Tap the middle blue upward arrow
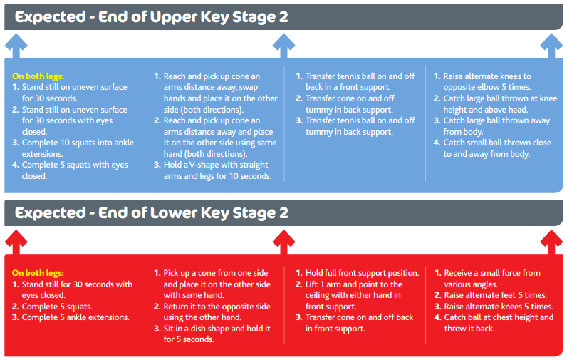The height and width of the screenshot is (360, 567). (283, 46)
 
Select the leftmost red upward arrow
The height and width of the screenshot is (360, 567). (16, 242)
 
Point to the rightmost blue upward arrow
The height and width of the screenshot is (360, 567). (551, 46)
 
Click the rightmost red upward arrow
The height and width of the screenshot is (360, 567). (551, 242)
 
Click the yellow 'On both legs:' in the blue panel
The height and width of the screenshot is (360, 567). (38, 76)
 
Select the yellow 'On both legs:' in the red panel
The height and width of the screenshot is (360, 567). (38, 273)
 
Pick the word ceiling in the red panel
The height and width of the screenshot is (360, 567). (317, 296)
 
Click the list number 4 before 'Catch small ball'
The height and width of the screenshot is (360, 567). (437, 143)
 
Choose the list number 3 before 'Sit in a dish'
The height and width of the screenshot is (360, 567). (157, 329)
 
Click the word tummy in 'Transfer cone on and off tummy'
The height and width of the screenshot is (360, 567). (317, 110)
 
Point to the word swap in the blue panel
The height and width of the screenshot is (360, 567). (249, 88)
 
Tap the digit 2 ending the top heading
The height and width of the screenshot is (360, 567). (283, 17)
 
